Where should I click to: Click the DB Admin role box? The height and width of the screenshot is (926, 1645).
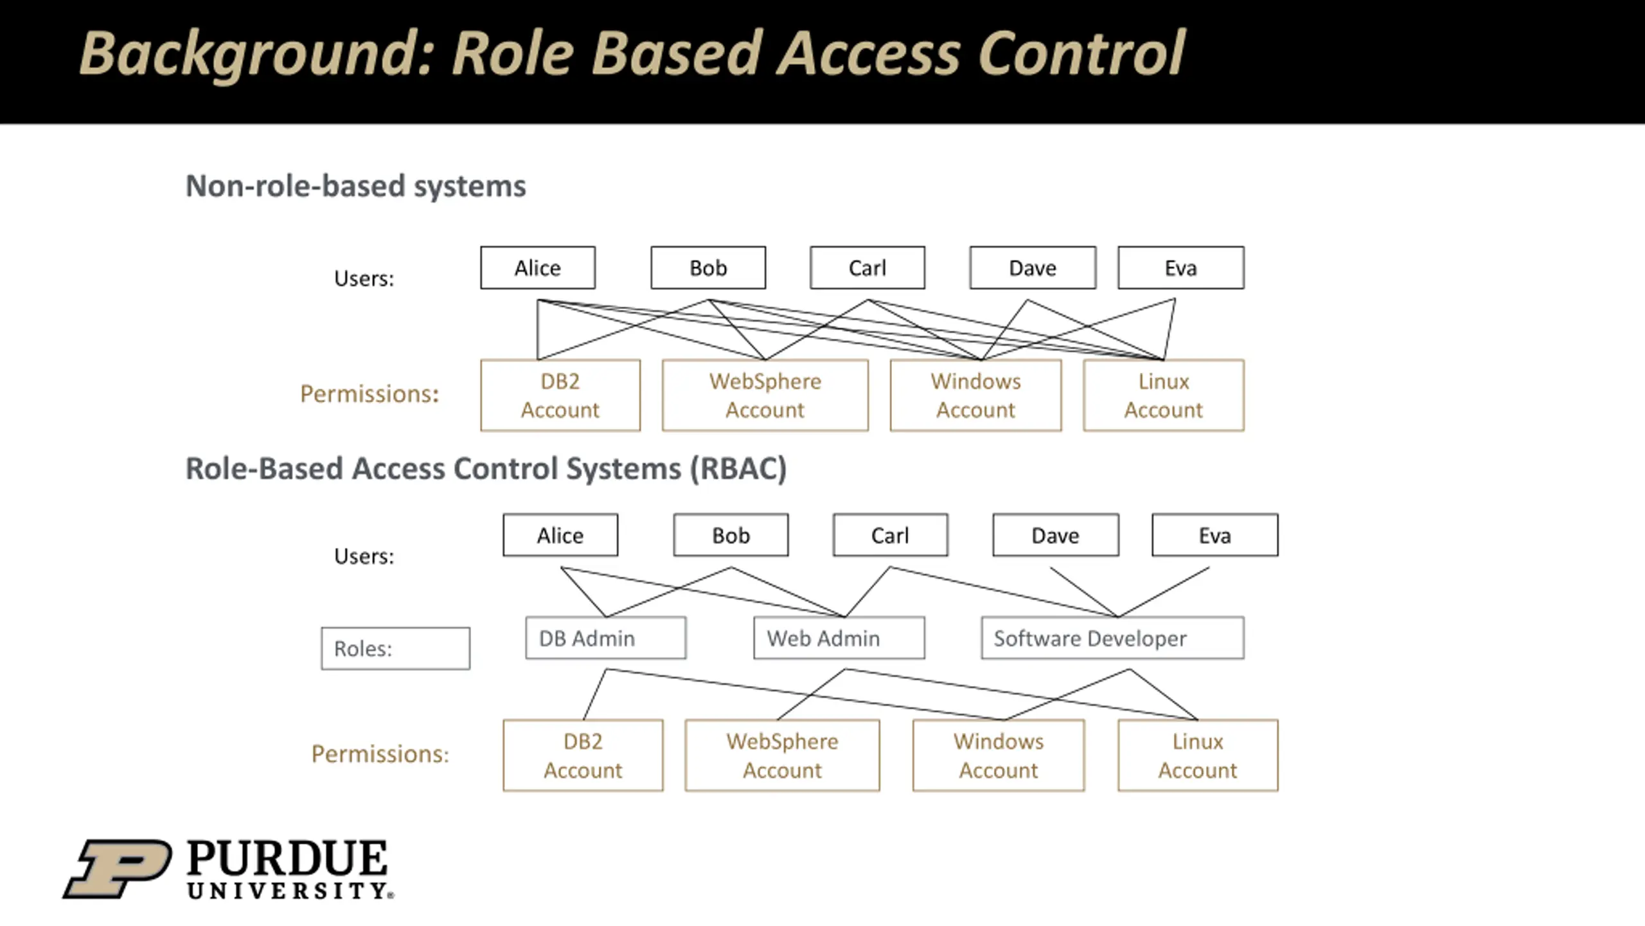(605, 638)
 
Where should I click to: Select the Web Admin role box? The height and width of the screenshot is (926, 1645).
(839, 638)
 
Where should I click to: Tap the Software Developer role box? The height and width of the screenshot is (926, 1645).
(1112, 638)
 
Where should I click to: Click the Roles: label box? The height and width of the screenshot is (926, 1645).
(395, 648)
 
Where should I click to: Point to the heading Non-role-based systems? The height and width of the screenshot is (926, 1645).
(355, 186)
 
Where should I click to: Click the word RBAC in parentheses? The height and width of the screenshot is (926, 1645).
(738, 468)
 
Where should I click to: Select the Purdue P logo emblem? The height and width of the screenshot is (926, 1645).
(118, 868)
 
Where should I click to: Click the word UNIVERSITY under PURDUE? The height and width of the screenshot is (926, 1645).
(289, 891)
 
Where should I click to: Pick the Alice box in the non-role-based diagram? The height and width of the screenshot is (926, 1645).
(538, 268)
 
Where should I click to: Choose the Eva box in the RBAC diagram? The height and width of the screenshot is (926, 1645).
(1214, 535)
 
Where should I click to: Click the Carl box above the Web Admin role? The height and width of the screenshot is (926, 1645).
(890, 535)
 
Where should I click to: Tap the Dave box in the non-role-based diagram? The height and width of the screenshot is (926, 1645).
(1033, 268)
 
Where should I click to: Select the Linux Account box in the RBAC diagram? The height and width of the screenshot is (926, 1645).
(1198, 755)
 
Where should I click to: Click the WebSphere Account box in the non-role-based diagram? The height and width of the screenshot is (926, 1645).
(765, 395)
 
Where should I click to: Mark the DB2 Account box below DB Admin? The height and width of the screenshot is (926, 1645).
(583, 755)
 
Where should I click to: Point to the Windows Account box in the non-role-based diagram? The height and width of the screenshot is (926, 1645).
(975, 395)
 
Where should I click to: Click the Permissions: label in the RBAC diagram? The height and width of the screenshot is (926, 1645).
(380, 754)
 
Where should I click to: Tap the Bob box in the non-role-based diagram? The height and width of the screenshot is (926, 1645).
(708, 268)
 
